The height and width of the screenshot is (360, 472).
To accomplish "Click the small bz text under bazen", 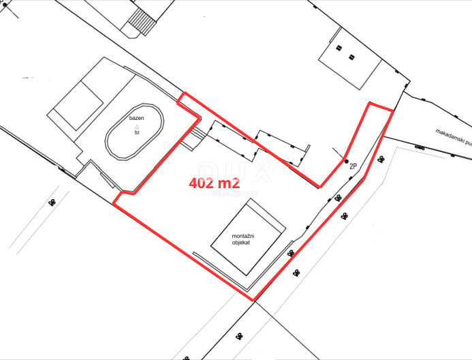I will pos(137,132).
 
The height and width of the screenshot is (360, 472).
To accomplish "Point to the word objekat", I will pos(242,243).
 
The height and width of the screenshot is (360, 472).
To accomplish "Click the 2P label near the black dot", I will pos(353,166).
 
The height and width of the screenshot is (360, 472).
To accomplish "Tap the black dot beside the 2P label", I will pos(346,161).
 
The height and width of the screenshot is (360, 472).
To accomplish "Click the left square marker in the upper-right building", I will pos(339,48).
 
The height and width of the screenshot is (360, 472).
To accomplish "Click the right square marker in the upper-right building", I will pos(351,56).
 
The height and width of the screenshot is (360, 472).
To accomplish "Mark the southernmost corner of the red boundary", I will pos(253,300).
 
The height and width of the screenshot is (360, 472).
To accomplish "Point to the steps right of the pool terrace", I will pos(198,134).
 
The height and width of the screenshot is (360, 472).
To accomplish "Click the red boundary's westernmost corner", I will pos(112,204).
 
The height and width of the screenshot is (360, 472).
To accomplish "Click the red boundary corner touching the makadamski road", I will pos(392,110).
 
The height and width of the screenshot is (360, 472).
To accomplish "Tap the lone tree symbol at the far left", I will pos(52,202).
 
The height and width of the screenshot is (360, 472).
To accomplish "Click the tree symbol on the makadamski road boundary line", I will pos(418,146).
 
